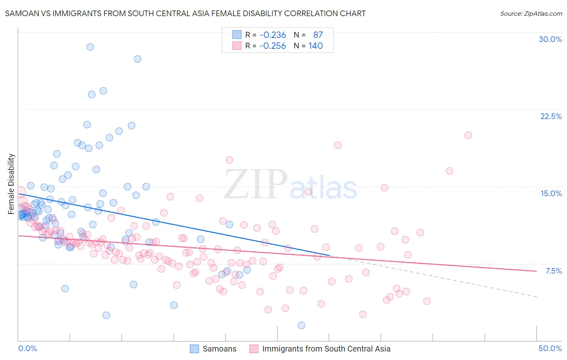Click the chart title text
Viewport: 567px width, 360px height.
click(185, 13)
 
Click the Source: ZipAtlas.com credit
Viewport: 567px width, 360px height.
click(531, 13)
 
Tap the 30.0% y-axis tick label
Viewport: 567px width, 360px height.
click(550, 39)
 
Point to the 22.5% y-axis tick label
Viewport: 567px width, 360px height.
click(551, 116)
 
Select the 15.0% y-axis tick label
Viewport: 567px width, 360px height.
click(551, 193)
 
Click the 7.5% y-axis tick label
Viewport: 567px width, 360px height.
click(553, 271)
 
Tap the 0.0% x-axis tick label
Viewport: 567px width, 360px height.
click(27, 348)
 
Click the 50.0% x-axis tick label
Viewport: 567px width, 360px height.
click(550, 348)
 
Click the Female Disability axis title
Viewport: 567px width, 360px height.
click(11, 184)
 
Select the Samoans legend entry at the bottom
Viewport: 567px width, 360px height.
click(219, 349)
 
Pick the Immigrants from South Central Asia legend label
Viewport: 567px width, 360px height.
click(326, 349)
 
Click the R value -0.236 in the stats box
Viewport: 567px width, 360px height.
click(273, 35)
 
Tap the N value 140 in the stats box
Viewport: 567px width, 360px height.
click(316, 46)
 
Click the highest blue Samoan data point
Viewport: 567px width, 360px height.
click(90, 47)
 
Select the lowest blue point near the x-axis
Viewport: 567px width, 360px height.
click(301, 325)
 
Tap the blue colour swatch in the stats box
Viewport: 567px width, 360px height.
click(237, 35)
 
